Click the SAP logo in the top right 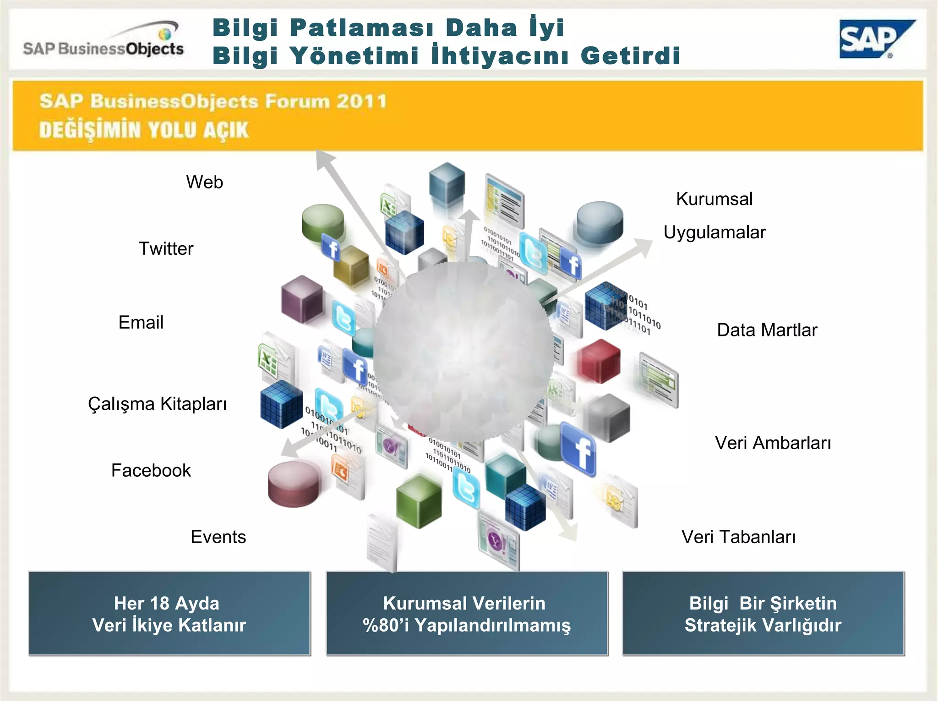[x=874, y=40]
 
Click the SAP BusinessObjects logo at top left [x=104, y=41]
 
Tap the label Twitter [x=166, y=249]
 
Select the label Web [x=204, y=182]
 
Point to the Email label [x=141, y=323]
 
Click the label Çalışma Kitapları [x=157, y=404]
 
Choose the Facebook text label [x=151, y=471]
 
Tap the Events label [x=218, y=537]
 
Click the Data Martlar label [x=767, y=330]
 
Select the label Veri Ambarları [x=773, y=443]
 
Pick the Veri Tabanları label [x=738, y=537]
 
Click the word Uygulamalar [x=714, y=233]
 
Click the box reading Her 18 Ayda [x=169, y=613]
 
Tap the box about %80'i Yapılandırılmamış [x=467, y=613]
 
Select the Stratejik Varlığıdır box [x=763, y=613]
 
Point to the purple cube [x=302, y=299]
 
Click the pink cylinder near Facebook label [x=293, y=484]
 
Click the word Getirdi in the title [x=630, y=56]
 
